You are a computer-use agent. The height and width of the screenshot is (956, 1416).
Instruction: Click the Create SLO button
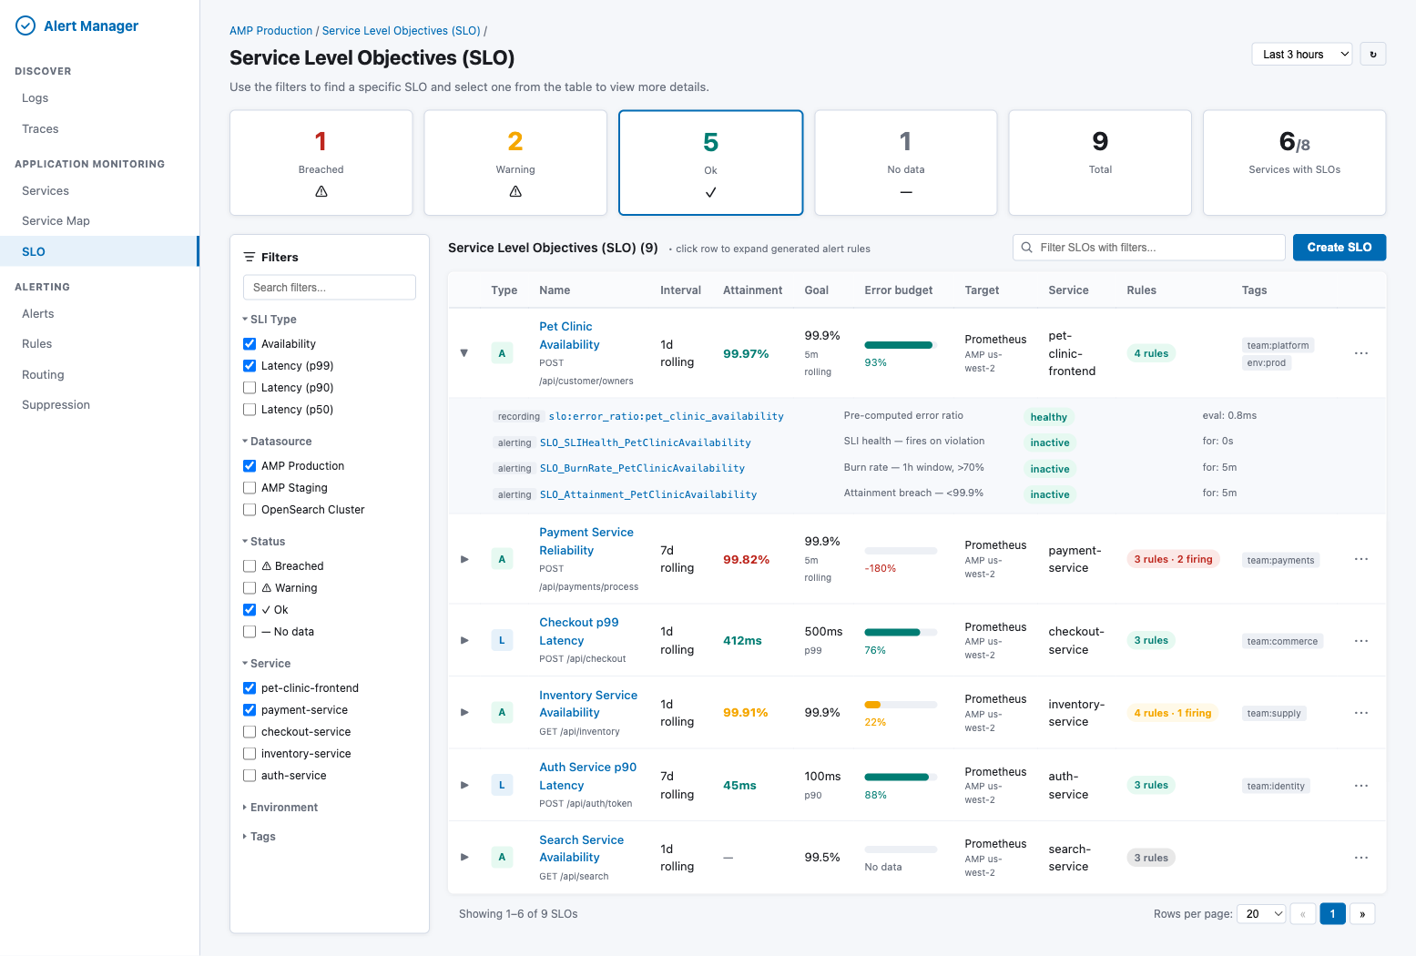click(x=1339, y=248)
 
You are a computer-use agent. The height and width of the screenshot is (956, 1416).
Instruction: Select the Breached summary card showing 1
click(x=321, y=163)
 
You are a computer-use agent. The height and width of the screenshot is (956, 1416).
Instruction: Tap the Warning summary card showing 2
click(x=515, y=163)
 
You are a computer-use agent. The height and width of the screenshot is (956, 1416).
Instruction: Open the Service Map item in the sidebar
click(x=56, y=221)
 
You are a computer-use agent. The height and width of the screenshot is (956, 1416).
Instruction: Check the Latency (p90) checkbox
click(x=250, y=388)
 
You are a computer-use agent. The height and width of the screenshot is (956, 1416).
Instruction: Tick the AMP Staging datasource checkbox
click(x=250, y=488)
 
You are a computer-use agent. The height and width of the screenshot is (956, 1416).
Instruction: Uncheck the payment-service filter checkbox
click(x=250, y=710)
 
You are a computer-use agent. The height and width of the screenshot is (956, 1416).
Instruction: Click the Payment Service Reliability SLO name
click(x=586, y=542)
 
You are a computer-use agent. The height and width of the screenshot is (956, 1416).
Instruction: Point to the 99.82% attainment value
click(x=746, y=560)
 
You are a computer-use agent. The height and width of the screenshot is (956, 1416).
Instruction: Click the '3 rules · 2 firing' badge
click(x=1173, y=559)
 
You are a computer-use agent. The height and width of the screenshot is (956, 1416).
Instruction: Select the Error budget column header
click(x=898, y=290)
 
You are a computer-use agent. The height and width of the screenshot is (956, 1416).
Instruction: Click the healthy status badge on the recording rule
click(x=1048, y=417)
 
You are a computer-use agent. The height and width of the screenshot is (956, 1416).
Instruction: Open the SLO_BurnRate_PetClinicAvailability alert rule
click(x=642, y=468)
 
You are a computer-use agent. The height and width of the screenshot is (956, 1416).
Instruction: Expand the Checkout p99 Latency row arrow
click(x=464, y=641)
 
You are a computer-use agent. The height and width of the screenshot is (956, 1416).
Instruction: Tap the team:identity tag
click(x=1276, y=786)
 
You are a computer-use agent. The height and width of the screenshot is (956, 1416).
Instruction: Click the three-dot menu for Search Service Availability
click(x=1360, y=858)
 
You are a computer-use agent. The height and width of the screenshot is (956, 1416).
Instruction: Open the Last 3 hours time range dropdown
click(x=1302, y=55)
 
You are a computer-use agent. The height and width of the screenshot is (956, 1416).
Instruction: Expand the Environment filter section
click(x=283, y=808)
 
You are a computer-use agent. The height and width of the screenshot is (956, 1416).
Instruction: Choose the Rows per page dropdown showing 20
click(x=1261, y=914)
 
